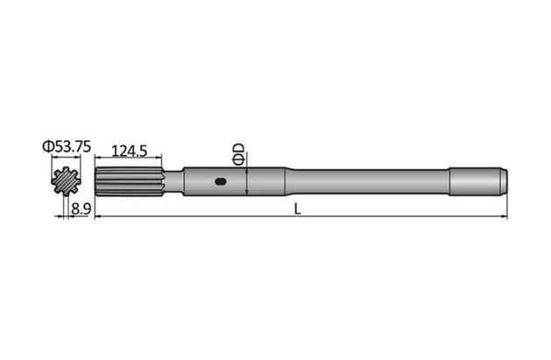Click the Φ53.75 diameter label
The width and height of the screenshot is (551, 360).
pos(66,147)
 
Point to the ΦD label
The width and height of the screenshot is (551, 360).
pos(237,154)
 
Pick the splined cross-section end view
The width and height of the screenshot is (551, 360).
pos(66,182)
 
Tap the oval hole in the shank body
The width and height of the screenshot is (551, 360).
pos(220,183)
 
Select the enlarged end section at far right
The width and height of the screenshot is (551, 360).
pos(477,182)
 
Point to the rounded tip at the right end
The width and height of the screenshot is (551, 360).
pos(505,182)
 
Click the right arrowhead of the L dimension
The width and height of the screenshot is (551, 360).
pos(504,216)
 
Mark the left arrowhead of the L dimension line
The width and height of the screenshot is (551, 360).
pos(96,216)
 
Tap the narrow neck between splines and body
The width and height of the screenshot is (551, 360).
pos(173,182)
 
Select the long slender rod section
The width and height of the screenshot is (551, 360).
pos(368,182)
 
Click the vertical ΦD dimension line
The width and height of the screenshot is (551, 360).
pos(250,182)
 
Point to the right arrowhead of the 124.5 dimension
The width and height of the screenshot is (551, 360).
pos(162,159)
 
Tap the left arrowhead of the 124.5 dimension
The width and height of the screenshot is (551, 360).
pos(96,159)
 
